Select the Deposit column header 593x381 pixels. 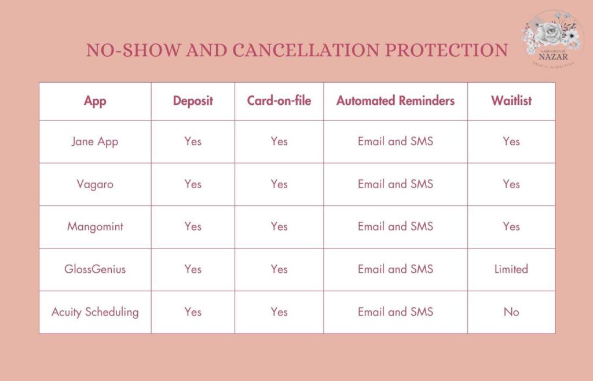pos(193,101)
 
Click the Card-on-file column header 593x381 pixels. pos(279,101)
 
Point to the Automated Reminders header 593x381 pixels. pos(396,101)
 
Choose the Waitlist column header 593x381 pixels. pos(511,101)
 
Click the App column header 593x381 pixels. pos(95,101)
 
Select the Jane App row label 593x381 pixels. pos(95,141)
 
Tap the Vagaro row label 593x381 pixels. pos(95,184)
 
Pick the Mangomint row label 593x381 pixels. pos(95,226)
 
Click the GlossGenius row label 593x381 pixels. pos(95,269)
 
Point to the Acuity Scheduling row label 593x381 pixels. pos(95,312)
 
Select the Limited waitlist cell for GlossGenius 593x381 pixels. pos(511,269)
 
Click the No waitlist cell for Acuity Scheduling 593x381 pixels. pos(511,312)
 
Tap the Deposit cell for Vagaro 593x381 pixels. pos(193,184)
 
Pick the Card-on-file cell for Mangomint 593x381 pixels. pos(279,226)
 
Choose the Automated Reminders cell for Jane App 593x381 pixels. pos(396,141)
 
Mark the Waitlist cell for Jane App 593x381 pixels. pos(511,141)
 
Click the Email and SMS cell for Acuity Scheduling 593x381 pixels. pos(396,312)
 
